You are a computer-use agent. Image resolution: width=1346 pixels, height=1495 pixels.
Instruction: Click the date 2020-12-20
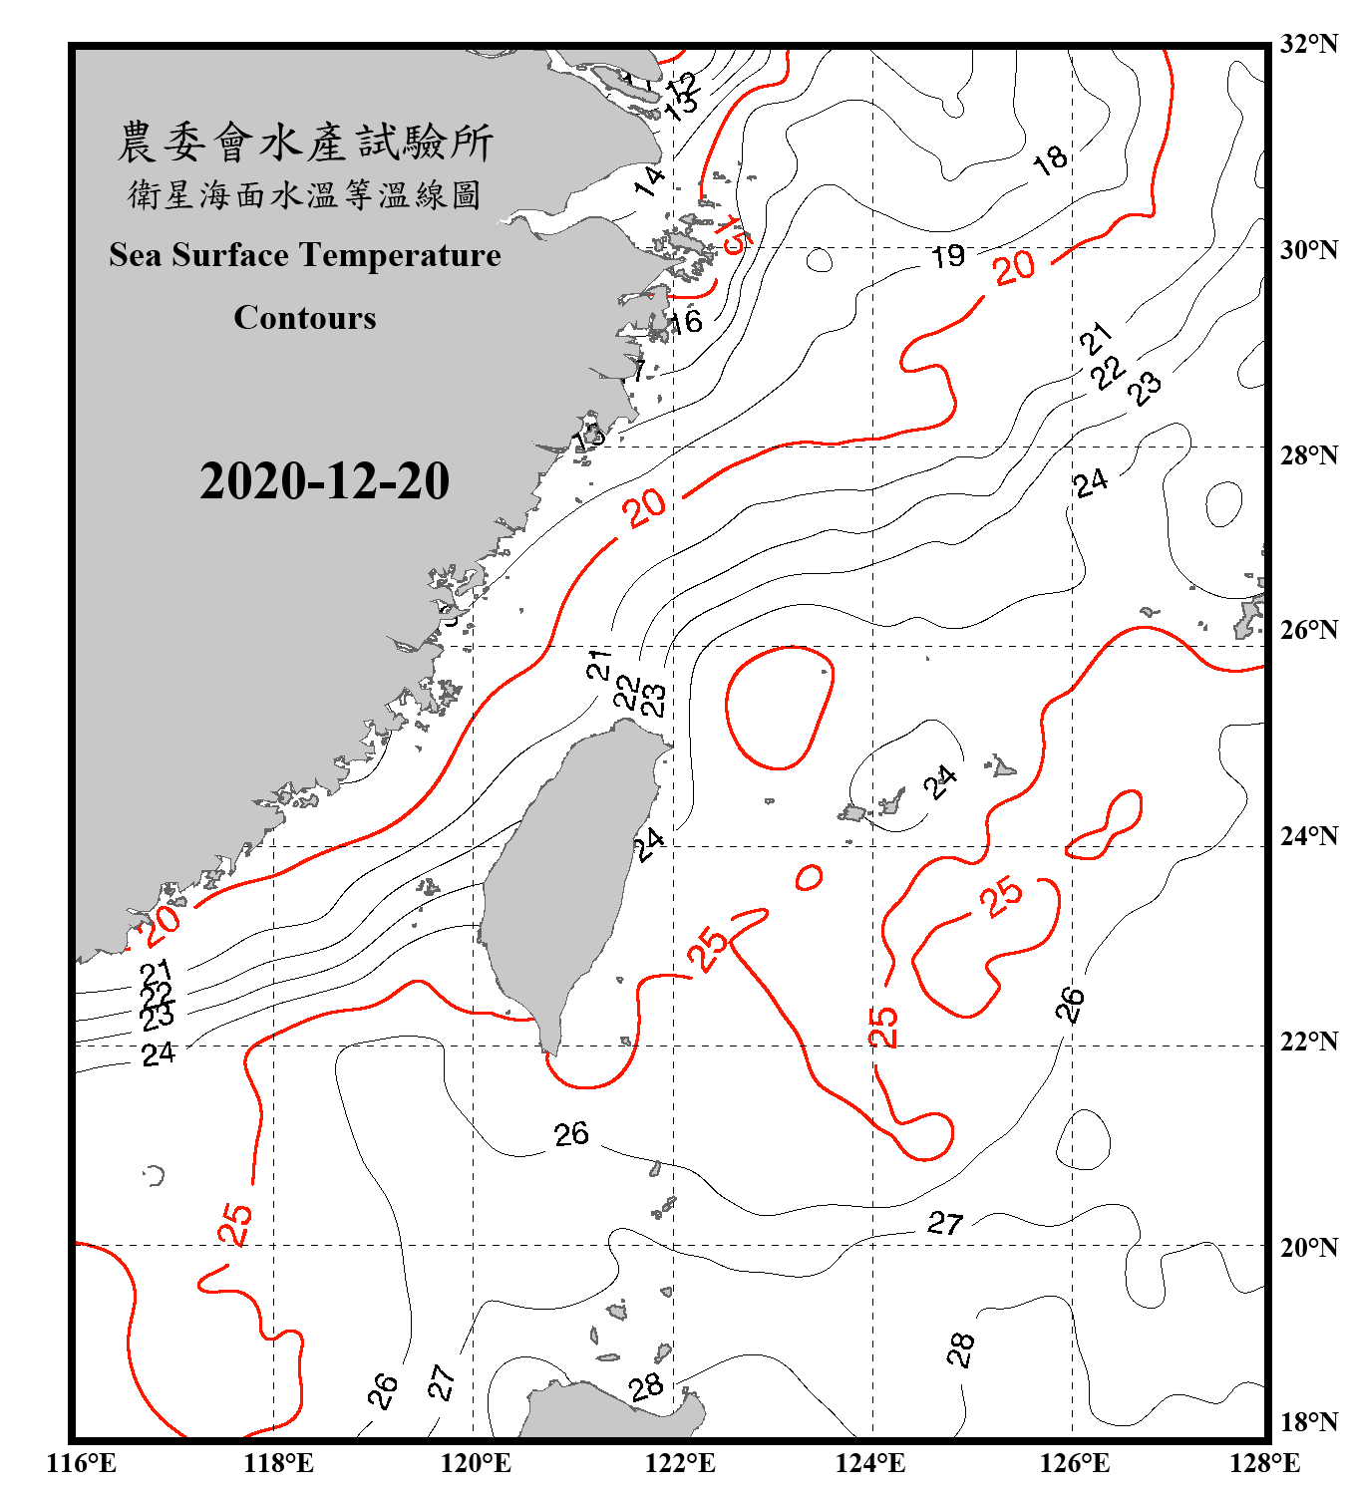[324, 481]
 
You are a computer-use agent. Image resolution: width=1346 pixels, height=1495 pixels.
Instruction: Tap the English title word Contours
[305, 318]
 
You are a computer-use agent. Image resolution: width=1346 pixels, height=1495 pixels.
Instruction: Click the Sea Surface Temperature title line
[305, 255]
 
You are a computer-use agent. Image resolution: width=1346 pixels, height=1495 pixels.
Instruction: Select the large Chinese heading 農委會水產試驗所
[305, 143]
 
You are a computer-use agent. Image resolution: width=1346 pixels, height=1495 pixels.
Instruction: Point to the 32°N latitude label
[1308, 44]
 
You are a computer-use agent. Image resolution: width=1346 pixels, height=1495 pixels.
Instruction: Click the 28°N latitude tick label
[1308, 455]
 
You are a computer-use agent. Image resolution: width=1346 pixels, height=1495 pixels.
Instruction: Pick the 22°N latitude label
[1308, 1042]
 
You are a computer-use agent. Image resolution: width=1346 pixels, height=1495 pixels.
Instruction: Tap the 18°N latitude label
[1308, 1422]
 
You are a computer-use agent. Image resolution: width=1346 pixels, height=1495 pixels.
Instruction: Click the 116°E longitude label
[81, 1463]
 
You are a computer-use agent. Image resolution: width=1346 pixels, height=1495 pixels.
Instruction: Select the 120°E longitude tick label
[476, 1463]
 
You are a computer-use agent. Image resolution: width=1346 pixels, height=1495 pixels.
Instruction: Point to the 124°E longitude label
[870, 1463]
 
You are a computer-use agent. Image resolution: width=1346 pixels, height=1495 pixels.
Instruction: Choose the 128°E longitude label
[1264, 1463]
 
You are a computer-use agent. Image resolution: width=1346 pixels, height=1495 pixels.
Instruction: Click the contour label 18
[1050, 159]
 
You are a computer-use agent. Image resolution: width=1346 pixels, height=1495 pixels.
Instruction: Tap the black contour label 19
[948, 257]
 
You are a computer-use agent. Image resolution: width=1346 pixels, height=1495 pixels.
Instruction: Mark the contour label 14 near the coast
[649, 180]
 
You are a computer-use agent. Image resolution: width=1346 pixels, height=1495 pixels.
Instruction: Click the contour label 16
[685, 322]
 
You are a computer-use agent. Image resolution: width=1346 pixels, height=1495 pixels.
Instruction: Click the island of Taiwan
[563, 877]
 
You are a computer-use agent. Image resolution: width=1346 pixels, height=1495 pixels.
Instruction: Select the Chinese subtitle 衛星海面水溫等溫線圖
[305, 195]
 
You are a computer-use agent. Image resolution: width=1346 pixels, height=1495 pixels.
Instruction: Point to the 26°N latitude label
[1308, 630]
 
